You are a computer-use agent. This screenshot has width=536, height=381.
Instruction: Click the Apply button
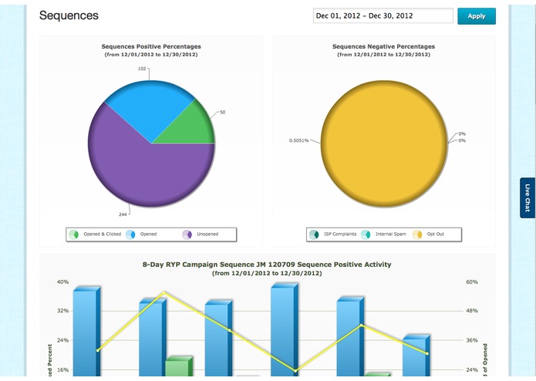pos(476,16)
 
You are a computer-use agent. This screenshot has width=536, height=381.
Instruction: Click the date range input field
pos(383,16)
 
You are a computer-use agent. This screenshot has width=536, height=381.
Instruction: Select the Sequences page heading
pos(69,15)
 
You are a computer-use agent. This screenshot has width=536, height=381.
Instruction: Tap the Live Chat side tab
pos(528,197)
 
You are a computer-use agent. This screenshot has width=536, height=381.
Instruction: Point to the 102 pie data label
pos(142,69)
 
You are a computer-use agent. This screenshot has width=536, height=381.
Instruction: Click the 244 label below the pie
pos(123,214)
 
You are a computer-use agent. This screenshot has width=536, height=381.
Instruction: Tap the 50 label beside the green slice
pos(222,113)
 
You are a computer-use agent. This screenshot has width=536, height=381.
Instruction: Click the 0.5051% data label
pos(298,140)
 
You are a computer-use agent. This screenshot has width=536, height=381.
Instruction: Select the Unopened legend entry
pos(203,234)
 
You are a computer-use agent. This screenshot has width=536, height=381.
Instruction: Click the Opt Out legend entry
pos(432,234)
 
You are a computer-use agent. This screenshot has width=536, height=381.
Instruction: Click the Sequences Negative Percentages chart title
pos(383,46)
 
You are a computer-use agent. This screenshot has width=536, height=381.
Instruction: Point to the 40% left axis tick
pos(62,282)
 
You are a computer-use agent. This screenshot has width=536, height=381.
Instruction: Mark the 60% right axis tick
pos(471,282)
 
